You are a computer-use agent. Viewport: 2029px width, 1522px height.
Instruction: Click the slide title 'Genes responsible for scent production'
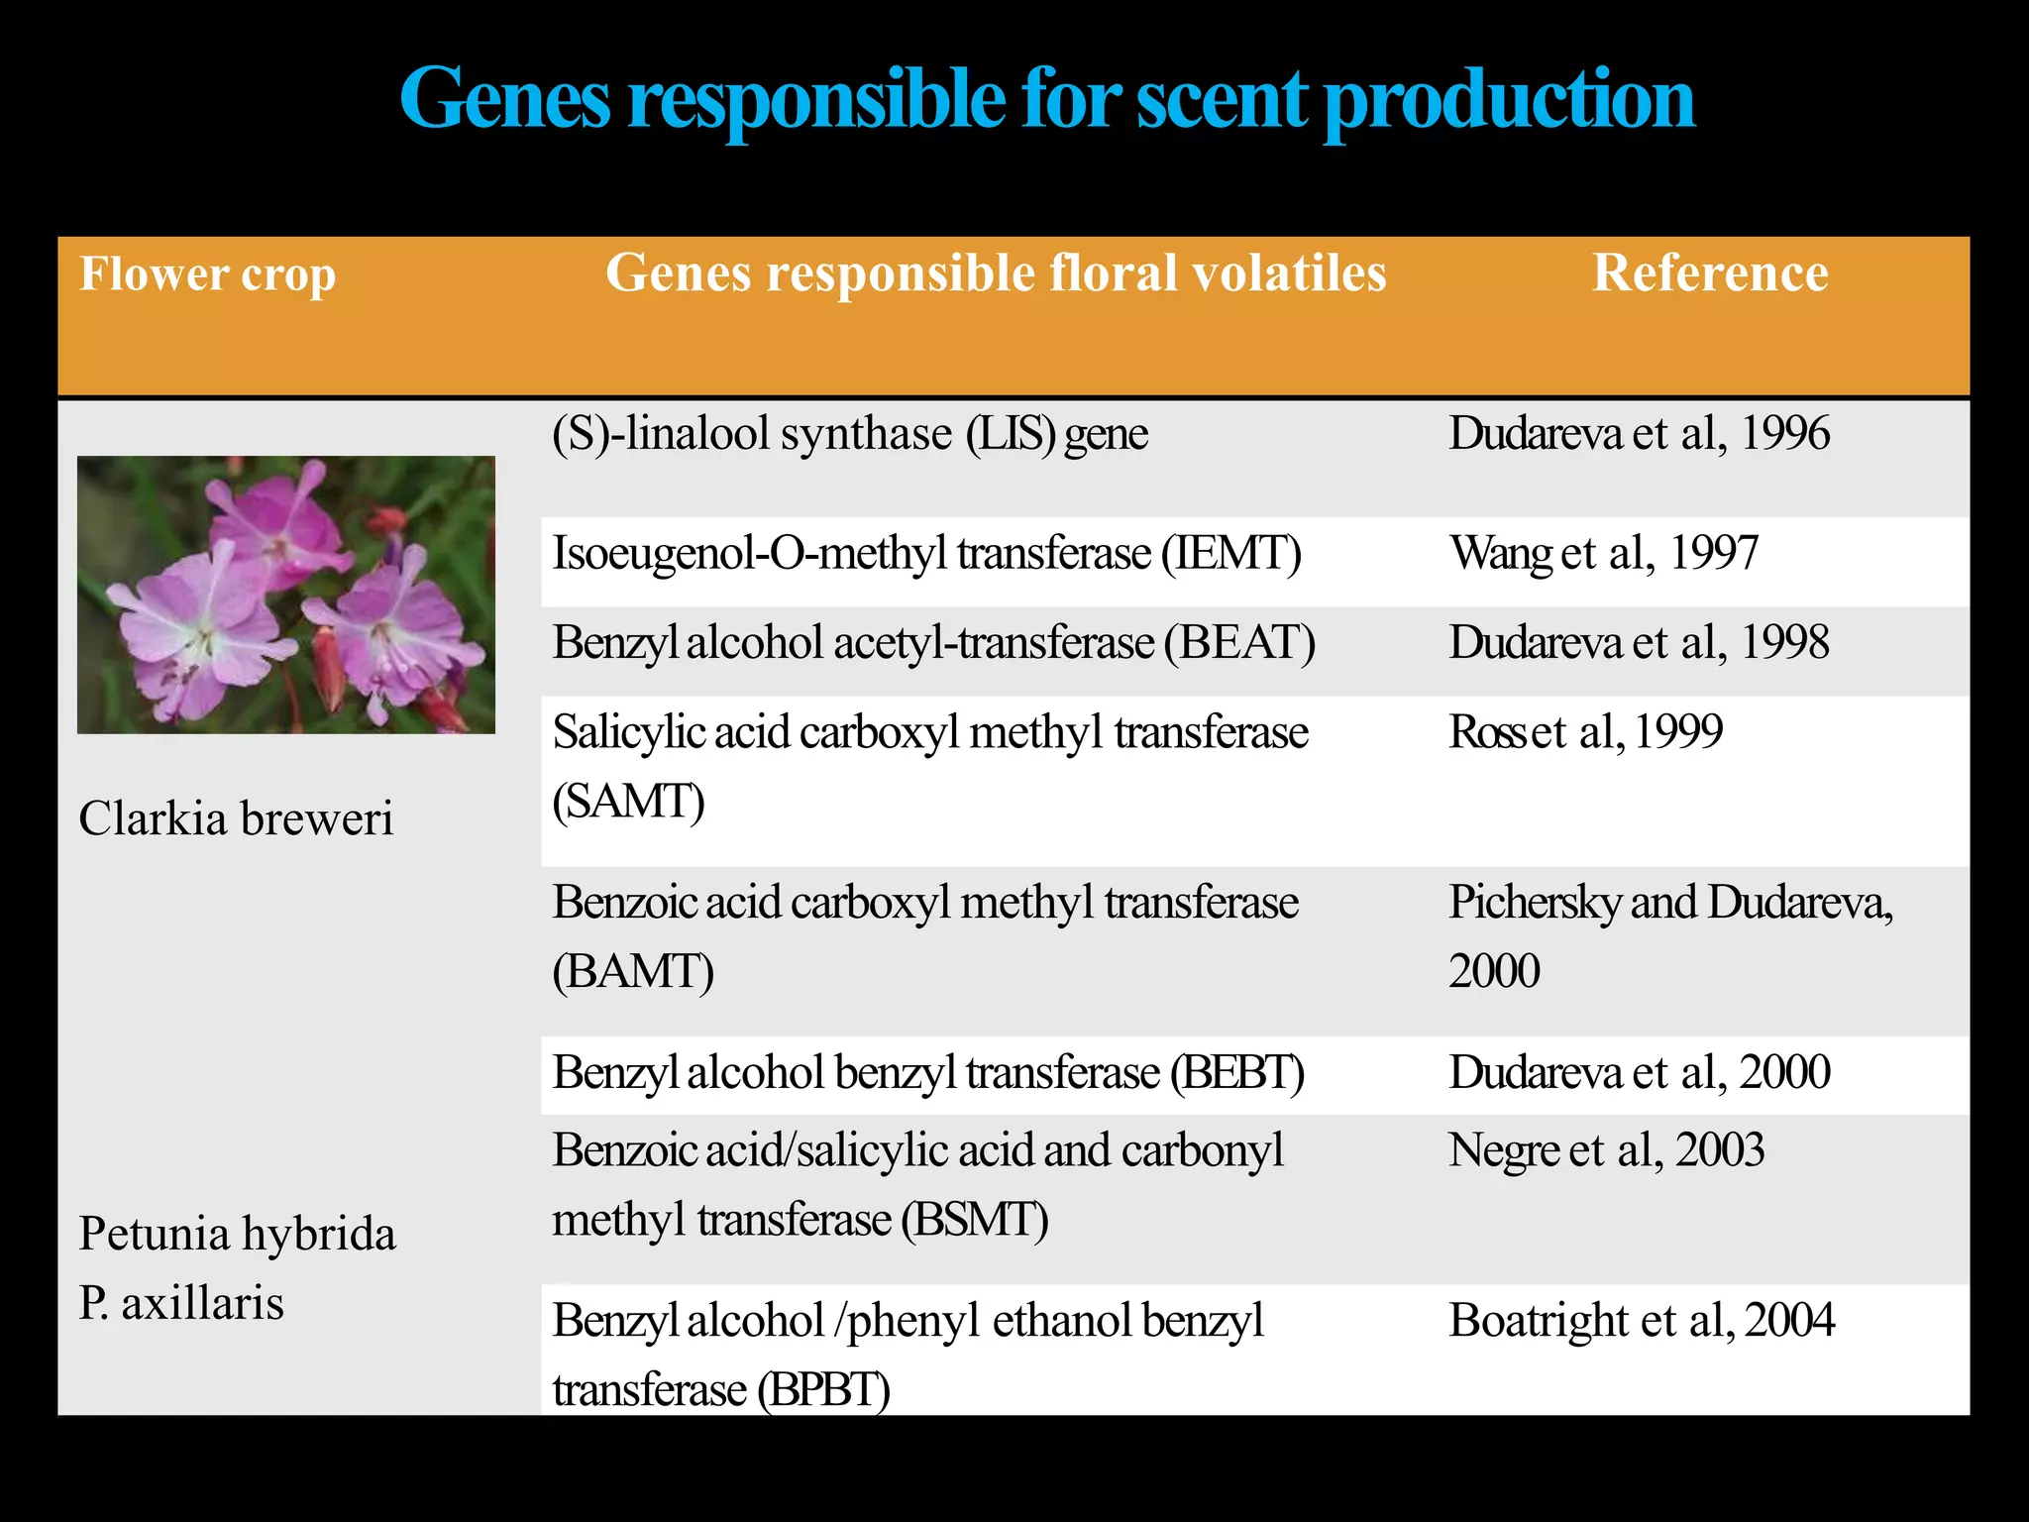1046,100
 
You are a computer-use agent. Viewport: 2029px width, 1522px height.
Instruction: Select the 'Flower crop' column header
207,274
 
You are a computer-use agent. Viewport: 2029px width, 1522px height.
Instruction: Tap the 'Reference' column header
1709,273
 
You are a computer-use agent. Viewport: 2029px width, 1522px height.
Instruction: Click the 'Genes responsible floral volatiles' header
995,273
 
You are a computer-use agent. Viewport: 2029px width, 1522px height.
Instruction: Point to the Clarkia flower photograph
286,595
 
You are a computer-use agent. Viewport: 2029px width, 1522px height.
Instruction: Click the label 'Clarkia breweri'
236,819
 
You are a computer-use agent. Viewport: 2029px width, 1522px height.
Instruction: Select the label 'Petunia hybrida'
237,1235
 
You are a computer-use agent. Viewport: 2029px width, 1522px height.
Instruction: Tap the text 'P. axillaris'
181,1303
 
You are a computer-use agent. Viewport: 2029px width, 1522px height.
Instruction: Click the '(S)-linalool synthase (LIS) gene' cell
849,434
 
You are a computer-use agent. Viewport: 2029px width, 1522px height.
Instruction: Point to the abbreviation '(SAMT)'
628,802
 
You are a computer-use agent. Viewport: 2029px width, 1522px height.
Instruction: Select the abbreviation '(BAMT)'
632,972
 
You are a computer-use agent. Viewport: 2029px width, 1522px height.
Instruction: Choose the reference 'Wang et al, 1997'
1603,553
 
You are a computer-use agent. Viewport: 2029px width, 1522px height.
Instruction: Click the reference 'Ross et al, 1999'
1585,732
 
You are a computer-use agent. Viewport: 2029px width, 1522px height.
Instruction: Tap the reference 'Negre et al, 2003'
1606,1150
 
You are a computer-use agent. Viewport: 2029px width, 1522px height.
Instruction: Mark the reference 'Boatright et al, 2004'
1641,1321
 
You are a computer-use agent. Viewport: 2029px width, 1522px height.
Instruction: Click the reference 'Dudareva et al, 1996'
1639,434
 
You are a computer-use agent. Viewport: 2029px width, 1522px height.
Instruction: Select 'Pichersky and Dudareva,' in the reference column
1670,903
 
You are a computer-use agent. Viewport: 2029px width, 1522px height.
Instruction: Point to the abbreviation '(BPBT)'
822,1390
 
